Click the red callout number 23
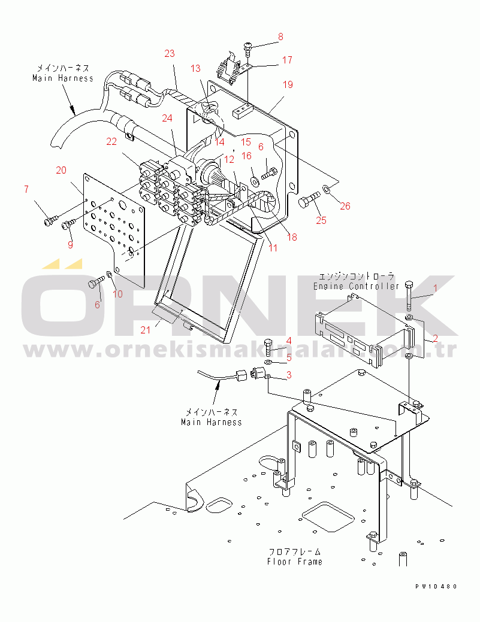[x=170, y=53]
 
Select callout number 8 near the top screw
[x=280, y=37]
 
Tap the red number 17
[x=288, y=60]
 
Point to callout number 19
[x=288, y=84]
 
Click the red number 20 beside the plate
[x=61, y=170]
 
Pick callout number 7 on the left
[x=26, y=189]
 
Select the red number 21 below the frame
[x=146, y=330]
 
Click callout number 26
[x=345, y=206]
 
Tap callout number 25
[x=321, y=220]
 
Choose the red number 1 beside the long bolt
[x=435, y=288]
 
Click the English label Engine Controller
[x=356, y=286]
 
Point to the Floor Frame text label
[x=295, y=562]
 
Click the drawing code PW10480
[x=436, y=587]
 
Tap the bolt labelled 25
[x=309, y=198]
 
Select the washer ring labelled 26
[x=325, y=187]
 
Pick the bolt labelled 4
[x=268, y=347]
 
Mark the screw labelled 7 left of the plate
[x=51, y=219]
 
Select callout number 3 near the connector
[x=289, y=375]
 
